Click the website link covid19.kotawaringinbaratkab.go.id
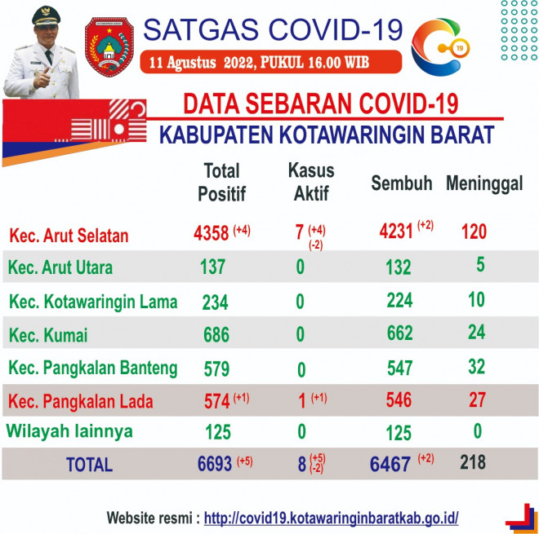pyautogui.click(x=331, y=518)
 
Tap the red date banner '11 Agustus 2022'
pyautogui.click(x=271, y=62)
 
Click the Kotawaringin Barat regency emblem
pyautogui.click(x=109, y=46)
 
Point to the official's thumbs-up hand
pyautogui.click(x=42, y=78)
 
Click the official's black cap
pyautogui.click(x=46, y=15)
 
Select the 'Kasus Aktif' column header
pyautogui.click(x=311, y=182)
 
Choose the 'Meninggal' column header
pyautogui.click(x=484, y=183)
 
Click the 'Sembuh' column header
pyautogui.click(x=402, y=183)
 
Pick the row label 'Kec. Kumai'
pyautogui.click(x=48, y=335)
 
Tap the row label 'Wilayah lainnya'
pyautogui.click(x=69, y=431)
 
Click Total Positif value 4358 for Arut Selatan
pyautogui.click(x=211, y=233)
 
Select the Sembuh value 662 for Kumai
pyautogui.click(x=400, y=333)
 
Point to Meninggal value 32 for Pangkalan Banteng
pyautogui.click(x=476, y=367)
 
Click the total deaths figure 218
pyautogui.click(x=473, y=462)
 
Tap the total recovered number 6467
pyautogui.click(x=390, y=465)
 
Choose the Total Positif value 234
pyautogui.click(x=215, y=302)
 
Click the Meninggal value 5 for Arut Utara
pyautogui.click(x=480, y=265)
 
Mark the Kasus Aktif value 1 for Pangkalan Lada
pyautogui.click(x=302, y=401)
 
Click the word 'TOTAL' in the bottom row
pyautogui.click(x=89, y=465)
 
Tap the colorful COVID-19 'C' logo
pyautogui.click(x=440, y=46)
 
